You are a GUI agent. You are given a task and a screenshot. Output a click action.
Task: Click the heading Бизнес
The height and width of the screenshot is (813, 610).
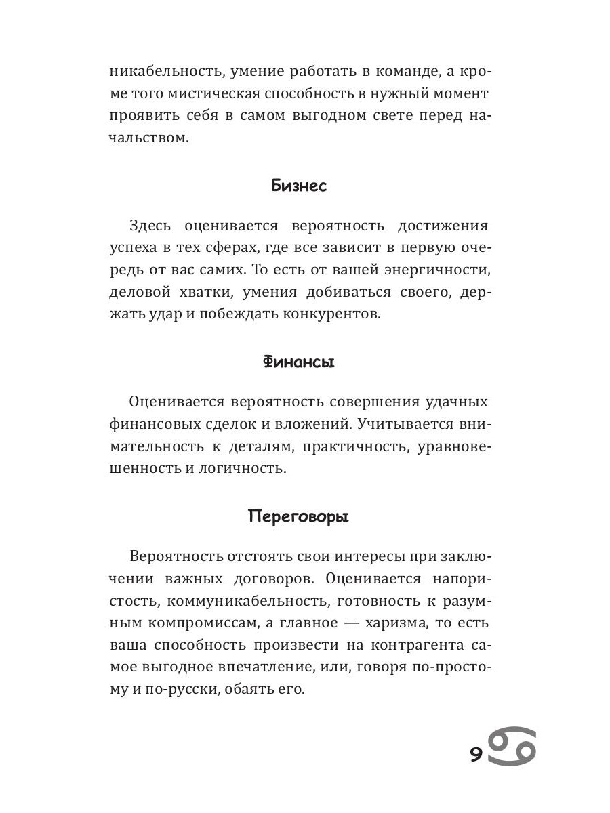(299, 186)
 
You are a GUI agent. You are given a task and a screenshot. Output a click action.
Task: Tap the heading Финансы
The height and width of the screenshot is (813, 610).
(299, 362)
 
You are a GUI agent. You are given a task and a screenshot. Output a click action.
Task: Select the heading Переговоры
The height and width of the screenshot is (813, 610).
(299, 517)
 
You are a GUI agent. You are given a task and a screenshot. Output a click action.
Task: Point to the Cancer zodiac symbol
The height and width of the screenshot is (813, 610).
(512, 748)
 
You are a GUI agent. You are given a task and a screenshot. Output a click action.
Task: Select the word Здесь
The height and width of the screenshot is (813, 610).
(147, 226)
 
